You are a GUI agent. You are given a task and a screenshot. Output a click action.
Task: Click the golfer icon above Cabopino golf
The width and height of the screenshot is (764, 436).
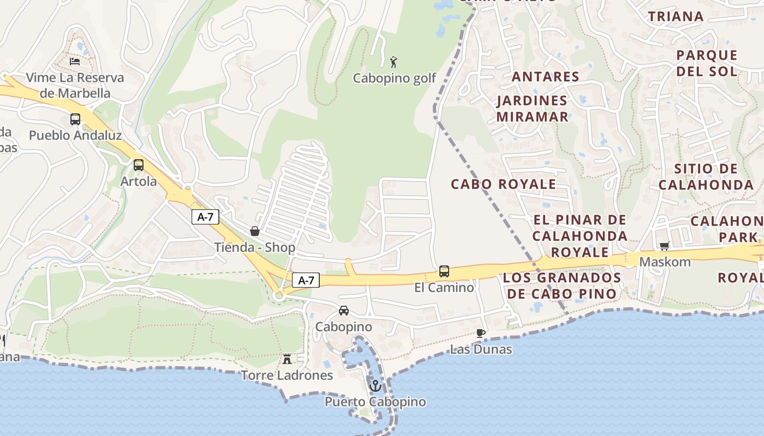(x=393, y=62)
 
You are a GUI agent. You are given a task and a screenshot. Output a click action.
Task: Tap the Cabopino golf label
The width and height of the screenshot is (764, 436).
(x=394, y=78)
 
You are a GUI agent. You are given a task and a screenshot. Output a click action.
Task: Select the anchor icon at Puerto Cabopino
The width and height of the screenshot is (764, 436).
(x=375, y=385)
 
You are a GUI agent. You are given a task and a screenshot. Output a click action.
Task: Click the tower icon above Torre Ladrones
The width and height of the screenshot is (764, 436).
(x=286, y=359)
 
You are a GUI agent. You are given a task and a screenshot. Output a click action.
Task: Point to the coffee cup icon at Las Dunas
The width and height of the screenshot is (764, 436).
(x=481, y=333)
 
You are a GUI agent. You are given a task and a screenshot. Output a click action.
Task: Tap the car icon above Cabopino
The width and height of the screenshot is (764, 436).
(x=344, y=311)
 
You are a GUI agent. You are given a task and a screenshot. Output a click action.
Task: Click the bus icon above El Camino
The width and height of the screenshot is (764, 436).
(x=444, y=271)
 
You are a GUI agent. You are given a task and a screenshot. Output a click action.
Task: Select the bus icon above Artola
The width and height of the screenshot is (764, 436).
(x=139, y=165)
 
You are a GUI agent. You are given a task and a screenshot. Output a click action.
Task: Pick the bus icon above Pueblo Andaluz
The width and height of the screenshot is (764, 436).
(x=75, y=119)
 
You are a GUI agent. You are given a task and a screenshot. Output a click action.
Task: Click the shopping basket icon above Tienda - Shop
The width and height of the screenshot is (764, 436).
(x=255, y=231)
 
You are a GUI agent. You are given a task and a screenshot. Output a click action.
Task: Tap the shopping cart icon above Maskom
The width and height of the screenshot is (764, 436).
(x=665, y=246)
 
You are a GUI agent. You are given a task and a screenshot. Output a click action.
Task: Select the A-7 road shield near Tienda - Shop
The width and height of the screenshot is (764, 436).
(x=205, y=217)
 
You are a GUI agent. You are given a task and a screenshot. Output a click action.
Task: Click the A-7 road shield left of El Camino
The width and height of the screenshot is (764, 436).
(x=306, y=281)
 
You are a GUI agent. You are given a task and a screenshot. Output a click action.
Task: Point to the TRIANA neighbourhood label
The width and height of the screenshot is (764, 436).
(x=676, y=16)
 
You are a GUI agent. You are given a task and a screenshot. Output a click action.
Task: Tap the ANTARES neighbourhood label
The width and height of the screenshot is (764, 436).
(x=545, y=76)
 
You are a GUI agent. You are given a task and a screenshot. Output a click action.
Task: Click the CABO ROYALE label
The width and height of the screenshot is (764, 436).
(x=503, y=184)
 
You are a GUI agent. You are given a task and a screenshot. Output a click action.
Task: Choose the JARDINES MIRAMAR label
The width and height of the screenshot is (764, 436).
(x=532, y=108)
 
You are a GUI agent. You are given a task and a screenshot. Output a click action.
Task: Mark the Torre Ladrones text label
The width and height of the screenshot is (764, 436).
(x=286, y=375)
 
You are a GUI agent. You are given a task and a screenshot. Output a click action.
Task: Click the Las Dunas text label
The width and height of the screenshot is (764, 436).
(x=481, y=349)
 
